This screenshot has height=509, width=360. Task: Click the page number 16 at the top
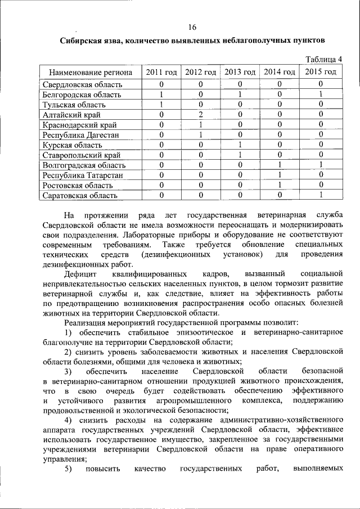click(192, 28)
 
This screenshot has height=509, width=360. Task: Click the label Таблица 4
click(323, 60)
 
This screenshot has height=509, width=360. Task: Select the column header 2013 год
click(240, 72)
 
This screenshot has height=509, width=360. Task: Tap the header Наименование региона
click(91, 72)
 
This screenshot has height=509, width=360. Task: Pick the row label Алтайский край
click(69, 114)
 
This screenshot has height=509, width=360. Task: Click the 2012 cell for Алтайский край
click(201, 114)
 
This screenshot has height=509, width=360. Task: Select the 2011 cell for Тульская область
click(161, 104)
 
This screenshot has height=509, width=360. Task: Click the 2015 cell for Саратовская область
click(321, 195)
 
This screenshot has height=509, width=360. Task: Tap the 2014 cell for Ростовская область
click(280, 185)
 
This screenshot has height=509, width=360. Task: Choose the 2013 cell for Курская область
click(240, 145)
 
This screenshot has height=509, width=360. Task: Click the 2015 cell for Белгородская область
click(321, 94)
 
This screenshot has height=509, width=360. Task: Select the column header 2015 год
click(321, 72)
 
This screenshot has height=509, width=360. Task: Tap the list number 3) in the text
click(67, 372)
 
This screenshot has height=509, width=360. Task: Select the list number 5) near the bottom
click(67, 469)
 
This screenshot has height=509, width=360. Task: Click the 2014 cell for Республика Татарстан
click(280, 175)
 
